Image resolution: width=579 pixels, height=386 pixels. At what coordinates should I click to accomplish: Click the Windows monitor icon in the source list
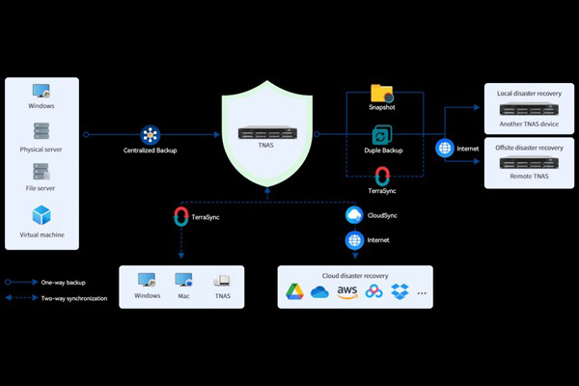point(42,92)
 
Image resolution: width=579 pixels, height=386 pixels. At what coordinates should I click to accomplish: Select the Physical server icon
point(42,131)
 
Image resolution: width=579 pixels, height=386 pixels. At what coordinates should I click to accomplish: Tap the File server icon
point(42,173)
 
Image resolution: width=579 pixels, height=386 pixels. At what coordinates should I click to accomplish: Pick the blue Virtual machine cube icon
point(42,214)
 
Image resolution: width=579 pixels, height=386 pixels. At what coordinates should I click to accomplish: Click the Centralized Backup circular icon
point(150,134)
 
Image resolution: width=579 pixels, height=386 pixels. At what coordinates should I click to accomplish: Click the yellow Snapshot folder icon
point(382,94)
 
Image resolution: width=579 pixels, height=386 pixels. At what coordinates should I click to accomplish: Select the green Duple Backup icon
point(382,135)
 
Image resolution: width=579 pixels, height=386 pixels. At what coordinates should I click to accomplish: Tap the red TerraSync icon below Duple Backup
point(382,176)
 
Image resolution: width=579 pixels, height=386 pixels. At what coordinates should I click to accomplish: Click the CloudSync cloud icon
point(354,214)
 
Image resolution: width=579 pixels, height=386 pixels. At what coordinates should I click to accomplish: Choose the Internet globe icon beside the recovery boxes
point(445,149)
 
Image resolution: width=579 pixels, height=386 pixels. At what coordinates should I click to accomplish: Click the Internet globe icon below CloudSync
point(354,239)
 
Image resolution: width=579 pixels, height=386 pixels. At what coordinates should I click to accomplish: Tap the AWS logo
point(347,290)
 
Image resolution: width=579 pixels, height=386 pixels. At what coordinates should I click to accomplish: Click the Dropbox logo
point(400,290)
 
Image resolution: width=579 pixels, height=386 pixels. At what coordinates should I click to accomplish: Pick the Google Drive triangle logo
point(294,290)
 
